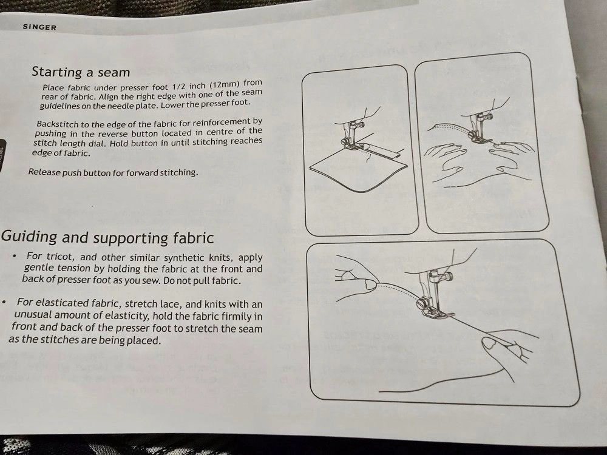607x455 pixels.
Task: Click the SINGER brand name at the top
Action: (x=39, y=27)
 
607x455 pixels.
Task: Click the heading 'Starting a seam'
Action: (x=81, y=72)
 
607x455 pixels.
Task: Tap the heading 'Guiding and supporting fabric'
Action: (x=107, y=237)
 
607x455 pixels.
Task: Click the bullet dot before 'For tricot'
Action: (x=14, y=256)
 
